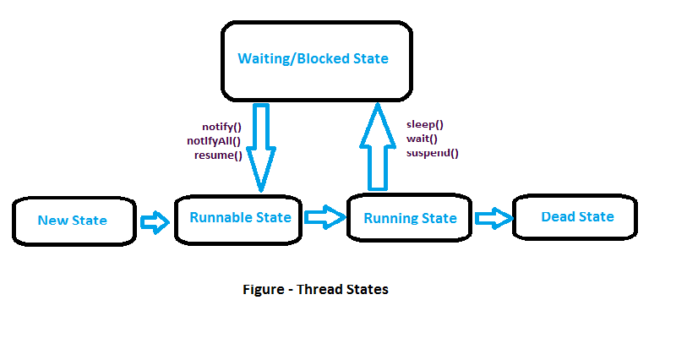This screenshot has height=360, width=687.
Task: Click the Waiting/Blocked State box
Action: tap(317, 60)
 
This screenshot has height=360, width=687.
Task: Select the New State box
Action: tap(74, 221)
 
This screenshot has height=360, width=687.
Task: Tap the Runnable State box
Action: tap(240, 219)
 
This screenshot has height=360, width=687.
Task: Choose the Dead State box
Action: tap(576, 217)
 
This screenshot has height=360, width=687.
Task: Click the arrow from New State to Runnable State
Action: tap(155, 222)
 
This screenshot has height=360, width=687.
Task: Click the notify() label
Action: tap(222, 127)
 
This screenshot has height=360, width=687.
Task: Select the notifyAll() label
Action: tap(214, 141)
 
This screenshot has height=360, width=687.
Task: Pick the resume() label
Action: tap(218, 155)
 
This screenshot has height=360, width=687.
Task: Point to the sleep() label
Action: tap(424, 124)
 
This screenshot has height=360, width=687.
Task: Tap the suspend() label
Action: tap(432, 153)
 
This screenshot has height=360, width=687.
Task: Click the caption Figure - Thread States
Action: tap(315, 289)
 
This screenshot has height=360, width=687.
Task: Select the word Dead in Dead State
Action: tap(558, 217)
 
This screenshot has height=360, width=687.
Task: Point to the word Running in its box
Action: tap(391, 219)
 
